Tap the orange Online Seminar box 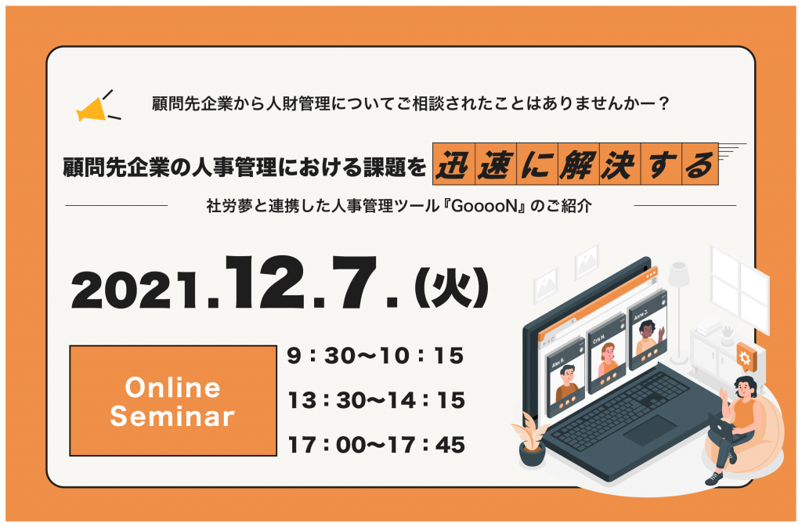coord(173,401)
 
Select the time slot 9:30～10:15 coord(375,356)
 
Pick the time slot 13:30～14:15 coord(377,400)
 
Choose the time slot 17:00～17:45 coord(377,445)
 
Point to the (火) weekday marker coord(452,289)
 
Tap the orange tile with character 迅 coord(453,164)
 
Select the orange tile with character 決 coord(620,164)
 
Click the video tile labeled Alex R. coord(565,376)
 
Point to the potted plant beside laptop coord(530,439)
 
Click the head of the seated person coord(745,386)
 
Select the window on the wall coord(740,289)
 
